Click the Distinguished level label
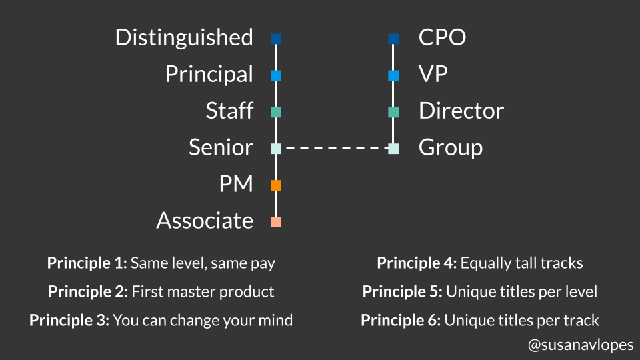coord(184,37)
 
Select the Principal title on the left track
coord(209,74)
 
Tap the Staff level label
coord(229,111)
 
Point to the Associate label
coord(205,221)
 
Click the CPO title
coord(442,37)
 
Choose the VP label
coord(433,74)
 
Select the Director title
coord(461,111)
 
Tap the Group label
coord(450,147)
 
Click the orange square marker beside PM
coord(276,185)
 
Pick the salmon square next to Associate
coord(276,222)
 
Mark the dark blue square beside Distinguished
coord(276,39)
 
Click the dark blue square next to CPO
coord(393,39)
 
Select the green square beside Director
coord(393,112)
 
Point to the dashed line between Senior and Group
coord(335,149)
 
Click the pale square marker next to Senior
coord(276,149)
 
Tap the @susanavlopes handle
coord(579,345)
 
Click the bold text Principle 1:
coord(87,263)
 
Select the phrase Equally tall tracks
coord(521,263)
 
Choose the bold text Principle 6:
coord(400,320)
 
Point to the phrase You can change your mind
coord(203,320)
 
